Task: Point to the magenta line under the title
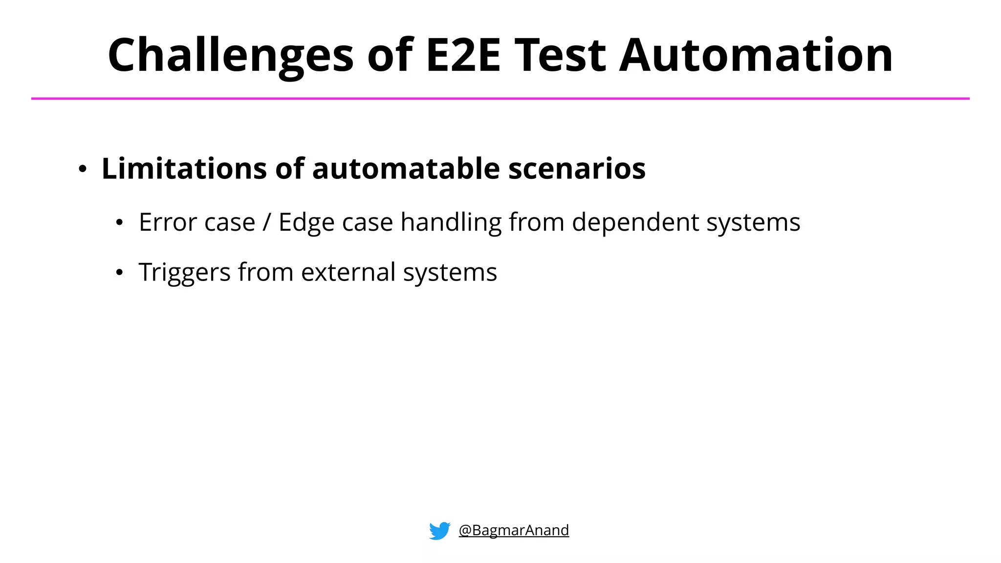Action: point(500,99)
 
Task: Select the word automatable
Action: point(406,169)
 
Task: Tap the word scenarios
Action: point(577,169)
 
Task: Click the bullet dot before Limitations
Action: point(83,170)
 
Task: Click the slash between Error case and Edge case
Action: point(266,222)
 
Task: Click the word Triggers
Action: point(184,273)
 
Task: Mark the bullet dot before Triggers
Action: point(119,273)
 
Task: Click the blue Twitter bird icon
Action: point(439,530)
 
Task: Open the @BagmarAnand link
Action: point(514,530)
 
